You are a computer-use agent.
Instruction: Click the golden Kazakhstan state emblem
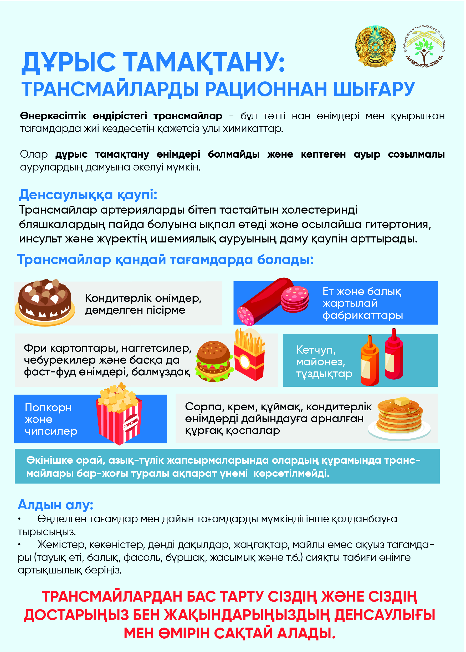point(375,46)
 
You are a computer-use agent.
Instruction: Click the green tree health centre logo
point(424,46)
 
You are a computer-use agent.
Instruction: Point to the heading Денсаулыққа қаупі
point(88,195)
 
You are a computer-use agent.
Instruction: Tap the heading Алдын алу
point(55,504)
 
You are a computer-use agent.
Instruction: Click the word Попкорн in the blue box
point(48,407)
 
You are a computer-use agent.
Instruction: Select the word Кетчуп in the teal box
point(316,350)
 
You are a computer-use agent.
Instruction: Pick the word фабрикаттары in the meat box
point(363,315)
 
